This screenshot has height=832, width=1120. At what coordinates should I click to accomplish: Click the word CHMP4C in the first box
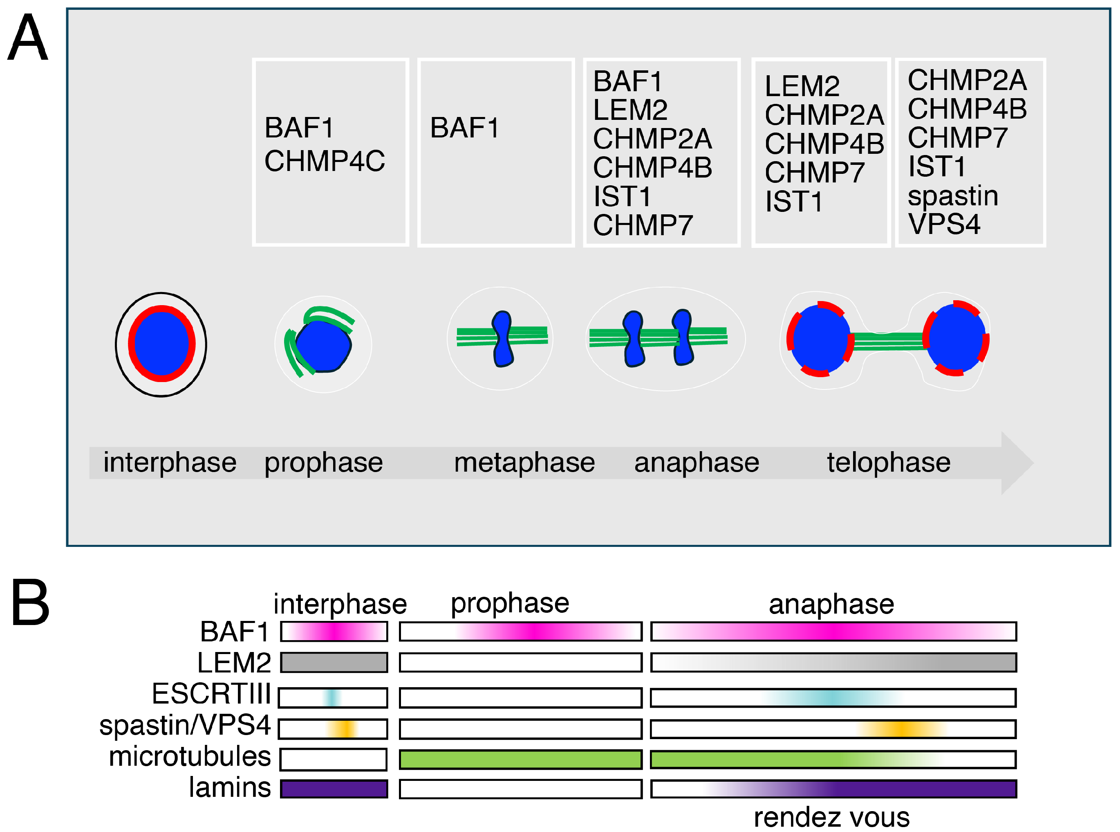[325, 161]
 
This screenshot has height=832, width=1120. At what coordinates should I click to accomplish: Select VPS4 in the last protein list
[944, 224]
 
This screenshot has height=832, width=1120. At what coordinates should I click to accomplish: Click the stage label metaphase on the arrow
[524, 462]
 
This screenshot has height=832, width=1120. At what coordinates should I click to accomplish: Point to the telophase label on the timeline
[889, 462]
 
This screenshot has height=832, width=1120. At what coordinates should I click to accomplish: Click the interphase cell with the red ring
[161, 344]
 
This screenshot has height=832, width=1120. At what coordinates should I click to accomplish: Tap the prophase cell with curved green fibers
[323, 344]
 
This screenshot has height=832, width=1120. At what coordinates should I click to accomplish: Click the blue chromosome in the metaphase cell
[502, 338]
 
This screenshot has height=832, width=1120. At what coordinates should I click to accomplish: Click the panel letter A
[28, 38]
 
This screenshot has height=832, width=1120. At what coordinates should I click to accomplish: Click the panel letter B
[30, 603]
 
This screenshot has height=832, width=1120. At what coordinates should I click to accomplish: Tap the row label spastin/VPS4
[185, 725]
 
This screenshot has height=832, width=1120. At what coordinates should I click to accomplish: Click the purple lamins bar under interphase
[334, 789]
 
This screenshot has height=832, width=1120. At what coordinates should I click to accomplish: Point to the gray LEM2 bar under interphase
[334, 662]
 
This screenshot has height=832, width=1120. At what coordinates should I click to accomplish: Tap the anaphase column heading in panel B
[831, 604]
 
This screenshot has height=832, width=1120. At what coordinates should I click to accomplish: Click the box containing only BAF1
[495, 152]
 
